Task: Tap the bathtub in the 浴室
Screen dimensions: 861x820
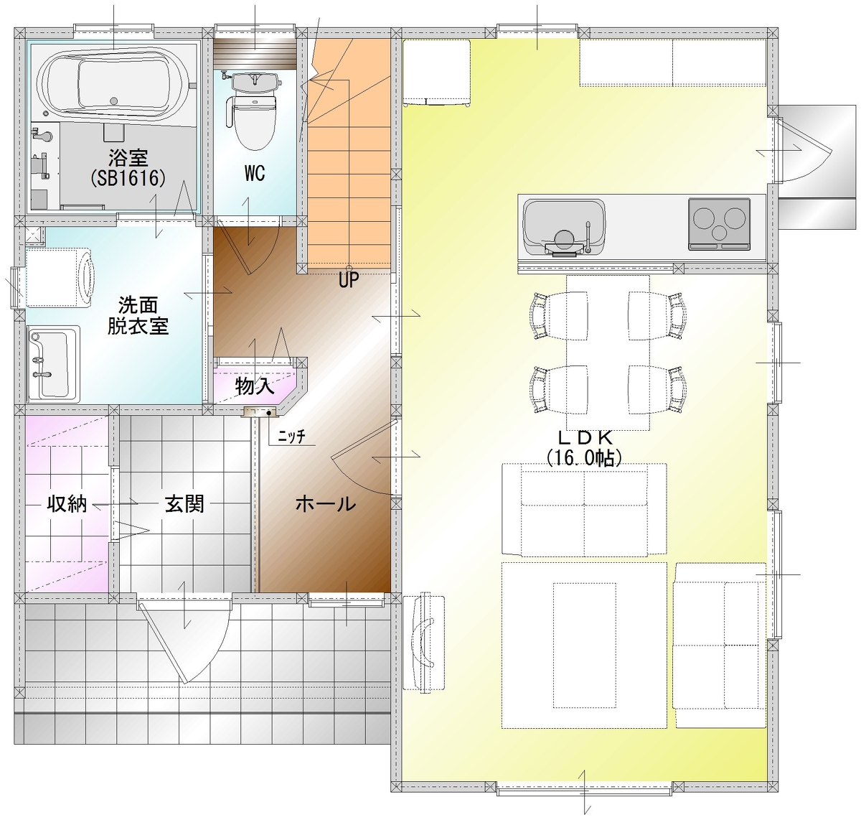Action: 115,85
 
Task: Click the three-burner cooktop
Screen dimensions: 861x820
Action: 719,225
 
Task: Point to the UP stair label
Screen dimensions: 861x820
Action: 349,279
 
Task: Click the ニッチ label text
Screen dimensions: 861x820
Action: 291,436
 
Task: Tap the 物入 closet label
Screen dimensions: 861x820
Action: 255,386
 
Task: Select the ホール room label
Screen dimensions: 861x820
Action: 326,505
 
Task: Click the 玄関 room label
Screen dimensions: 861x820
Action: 184,505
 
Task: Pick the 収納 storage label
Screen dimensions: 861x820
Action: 67,505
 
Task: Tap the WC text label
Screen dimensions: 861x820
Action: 255,174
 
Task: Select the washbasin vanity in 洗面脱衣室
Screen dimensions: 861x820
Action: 53,364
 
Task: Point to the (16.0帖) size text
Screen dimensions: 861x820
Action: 584,458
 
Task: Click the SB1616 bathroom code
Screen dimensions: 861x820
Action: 128,178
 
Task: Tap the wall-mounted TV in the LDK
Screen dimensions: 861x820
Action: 423,643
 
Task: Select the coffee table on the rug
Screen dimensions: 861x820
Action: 584,645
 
